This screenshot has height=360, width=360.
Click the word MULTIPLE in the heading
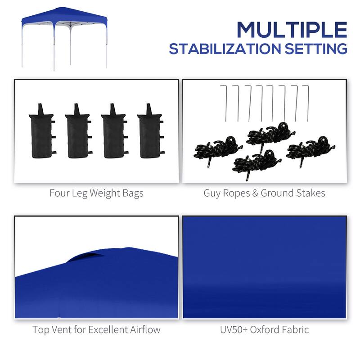tap(292, 29)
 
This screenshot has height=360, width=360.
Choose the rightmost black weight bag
tap(148, 132)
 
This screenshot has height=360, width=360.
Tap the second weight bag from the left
tap(76, 132)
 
